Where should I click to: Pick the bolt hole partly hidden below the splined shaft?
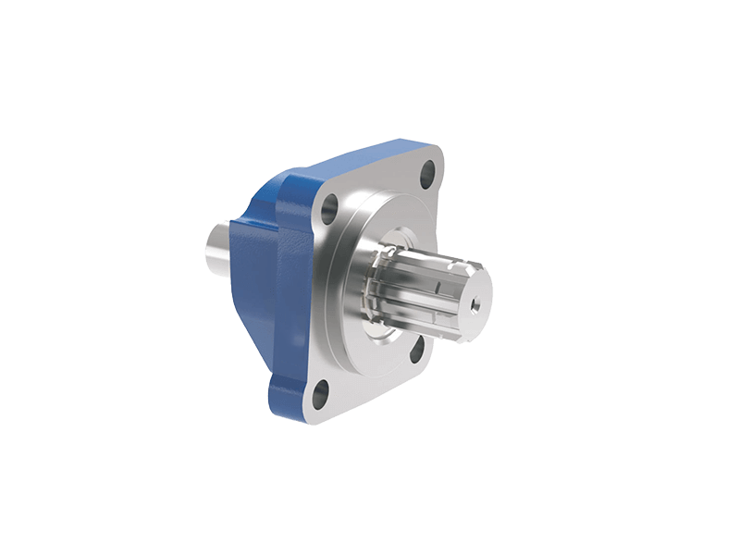pyautogui.click(x=417, y=348)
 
